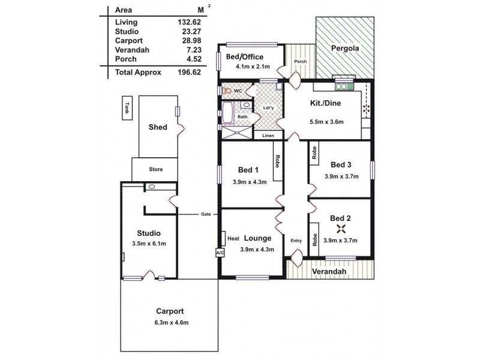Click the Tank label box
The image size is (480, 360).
[x=127, y=107]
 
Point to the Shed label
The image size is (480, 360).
[x=157, y=127]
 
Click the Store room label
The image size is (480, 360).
[x=155, y=169]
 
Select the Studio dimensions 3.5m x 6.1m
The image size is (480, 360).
[x=148, y=243]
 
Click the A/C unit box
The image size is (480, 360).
[x=219, y=253]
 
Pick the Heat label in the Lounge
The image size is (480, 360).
[x=233, y=238]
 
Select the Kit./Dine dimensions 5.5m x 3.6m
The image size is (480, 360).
[x=326, y=121]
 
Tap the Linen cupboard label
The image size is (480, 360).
[x=268, y=135]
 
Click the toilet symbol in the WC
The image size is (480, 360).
[x=227, y=91]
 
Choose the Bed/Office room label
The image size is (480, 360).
[x=245, y=57]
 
